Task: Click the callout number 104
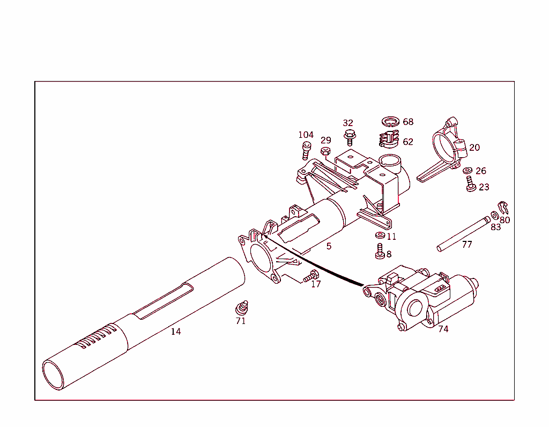(x=306, y=135)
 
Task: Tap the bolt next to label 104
(x=307, y=150)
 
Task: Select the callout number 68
(x=408, y=122)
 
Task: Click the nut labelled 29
(x=325, y=152)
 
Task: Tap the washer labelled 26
(x=468, y=171)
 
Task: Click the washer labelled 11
(x=379, y=235)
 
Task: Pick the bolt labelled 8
(x=380, y=251)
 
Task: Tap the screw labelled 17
(x=310, y=276)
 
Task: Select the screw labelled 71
(x=242, y=308)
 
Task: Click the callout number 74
(x=443, y=329)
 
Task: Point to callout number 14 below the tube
(x=176, y=332)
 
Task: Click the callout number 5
(x=329, y=246)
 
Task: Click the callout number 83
(x=495, y=227)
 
